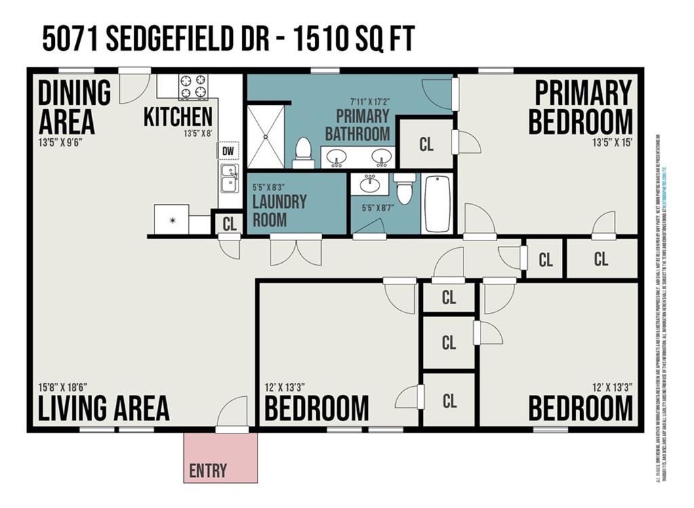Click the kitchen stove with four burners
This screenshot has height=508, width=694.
click(x=193, y=87)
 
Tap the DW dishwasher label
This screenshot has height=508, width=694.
click(x=228, y=151)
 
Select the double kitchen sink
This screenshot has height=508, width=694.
click(x=230, y=178)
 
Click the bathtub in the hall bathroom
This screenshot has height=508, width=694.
click(x=437, y=204)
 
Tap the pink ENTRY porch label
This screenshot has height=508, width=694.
click(x=208, y=470)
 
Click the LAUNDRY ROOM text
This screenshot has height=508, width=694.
click(x=279, y=211)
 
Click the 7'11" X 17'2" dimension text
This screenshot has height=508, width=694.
click(x=356, y=102)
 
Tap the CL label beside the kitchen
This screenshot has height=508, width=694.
click(x=230, y=224)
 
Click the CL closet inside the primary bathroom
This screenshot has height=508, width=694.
click(x=426, y=144)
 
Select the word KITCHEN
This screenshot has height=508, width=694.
click(x=178, y=117)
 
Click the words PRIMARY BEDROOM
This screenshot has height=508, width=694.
click(x=581, y=107)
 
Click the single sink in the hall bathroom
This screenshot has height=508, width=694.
click(x=369, y=184)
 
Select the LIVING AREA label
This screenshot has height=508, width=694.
click(x=103, y=408)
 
